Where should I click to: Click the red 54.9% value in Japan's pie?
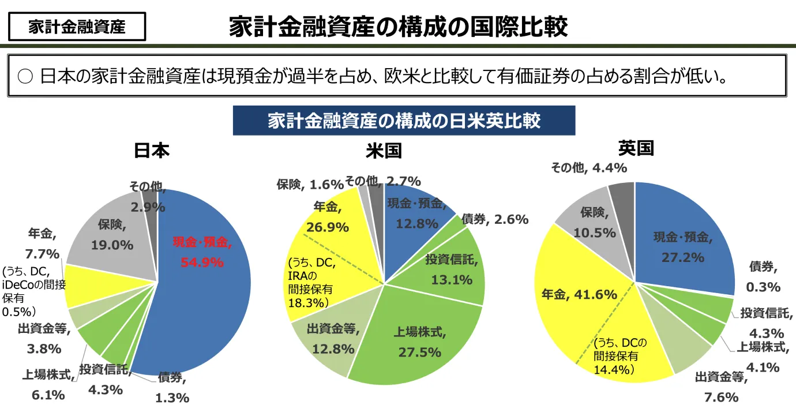point(202,263)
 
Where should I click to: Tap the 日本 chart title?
point(152,151)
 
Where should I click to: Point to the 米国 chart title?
point(384,151)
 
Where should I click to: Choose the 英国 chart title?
point(636,148)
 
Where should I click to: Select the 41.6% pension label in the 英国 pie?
point(579,295)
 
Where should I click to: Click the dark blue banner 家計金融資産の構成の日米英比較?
point(404,121)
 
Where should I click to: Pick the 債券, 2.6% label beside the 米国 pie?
point(495,219)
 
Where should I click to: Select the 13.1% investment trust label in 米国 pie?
point(452,280)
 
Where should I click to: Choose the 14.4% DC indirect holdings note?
point(614,370)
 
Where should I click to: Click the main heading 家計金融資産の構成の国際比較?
point(398,27)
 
